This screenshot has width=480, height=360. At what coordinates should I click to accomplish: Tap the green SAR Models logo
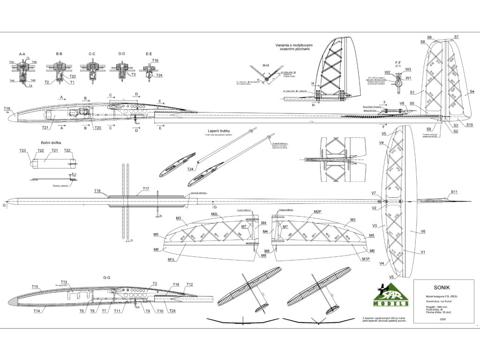coord(392,297)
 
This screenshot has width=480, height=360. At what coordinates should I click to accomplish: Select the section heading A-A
coord(22,54)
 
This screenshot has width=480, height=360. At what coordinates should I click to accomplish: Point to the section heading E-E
coord(149,54)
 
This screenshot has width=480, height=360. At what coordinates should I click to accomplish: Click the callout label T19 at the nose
coord(7,108)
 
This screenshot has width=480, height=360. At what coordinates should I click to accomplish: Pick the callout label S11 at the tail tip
coord(454,192)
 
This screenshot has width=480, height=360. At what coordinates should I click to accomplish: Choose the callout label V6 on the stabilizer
coord(423,232)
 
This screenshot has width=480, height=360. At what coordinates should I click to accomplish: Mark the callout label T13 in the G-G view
coord(64,282)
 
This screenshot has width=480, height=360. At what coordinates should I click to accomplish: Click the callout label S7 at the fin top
coord(456,37)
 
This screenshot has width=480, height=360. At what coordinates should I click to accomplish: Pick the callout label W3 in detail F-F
coord(408,69)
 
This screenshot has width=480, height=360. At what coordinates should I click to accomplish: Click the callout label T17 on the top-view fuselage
coord(146,188)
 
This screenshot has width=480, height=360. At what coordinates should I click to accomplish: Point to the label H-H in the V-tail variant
coord(266,65)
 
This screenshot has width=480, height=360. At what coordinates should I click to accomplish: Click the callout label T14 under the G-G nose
coord(37,310)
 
